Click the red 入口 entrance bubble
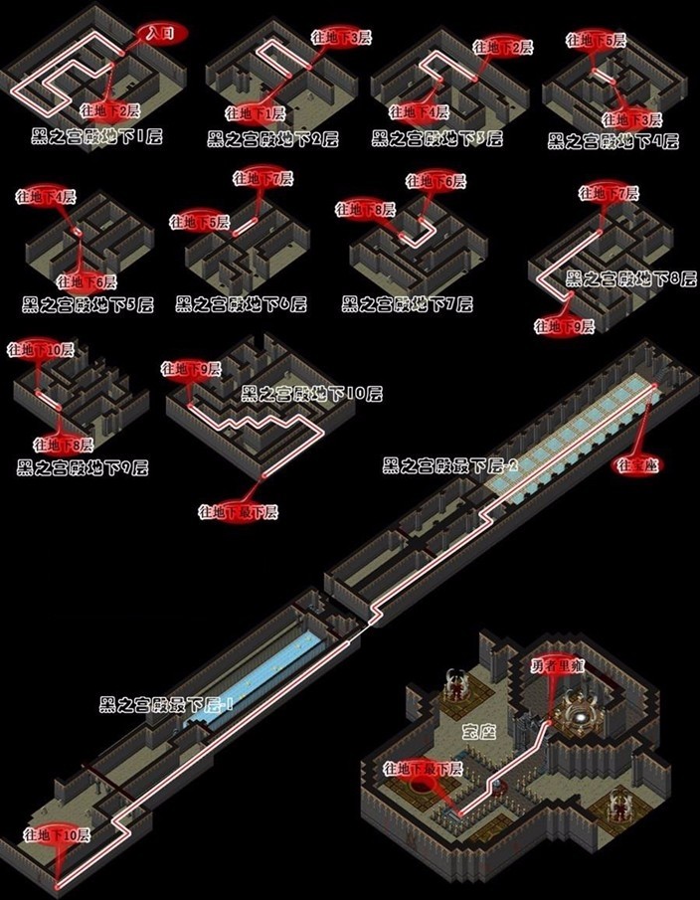point(160,34)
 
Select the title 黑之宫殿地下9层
point(83,466)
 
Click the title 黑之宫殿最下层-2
point(450,465)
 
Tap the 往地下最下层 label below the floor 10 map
point(239,512)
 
